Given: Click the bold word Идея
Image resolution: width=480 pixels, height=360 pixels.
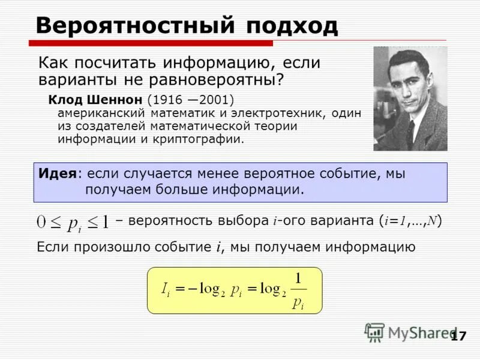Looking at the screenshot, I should click(57, 174).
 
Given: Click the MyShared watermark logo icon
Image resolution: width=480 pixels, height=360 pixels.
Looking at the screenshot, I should click(374, 332).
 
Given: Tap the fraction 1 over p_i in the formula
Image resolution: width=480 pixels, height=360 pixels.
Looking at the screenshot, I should click(298, 290).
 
